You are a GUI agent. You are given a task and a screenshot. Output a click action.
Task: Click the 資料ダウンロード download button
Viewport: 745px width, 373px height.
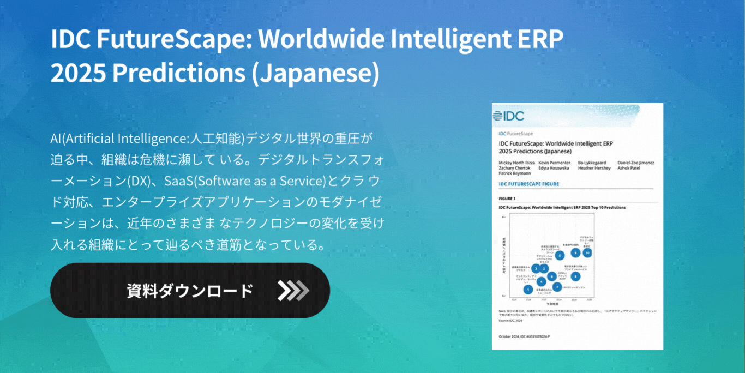click(190, 291)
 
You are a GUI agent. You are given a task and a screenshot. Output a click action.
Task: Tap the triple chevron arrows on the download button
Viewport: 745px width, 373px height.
click(293, 291)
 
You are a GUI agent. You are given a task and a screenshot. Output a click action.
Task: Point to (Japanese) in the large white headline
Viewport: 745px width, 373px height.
click(315, 74)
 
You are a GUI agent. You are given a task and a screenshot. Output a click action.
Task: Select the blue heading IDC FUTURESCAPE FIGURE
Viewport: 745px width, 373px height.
click(528, 184)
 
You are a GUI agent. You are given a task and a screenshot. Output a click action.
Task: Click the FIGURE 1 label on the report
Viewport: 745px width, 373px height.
click(507, 198)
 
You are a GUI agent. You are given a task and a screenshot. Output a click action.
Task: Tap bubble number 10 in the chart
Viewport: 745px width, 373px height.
click(587, 252)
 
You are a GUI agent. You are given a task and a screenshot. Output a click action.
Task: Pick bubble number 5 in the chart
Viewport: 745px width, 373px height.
click(560, 255)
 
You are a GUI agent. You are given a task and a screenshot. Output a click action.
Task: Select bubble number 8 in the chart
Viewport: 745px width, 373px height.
click(575, 276)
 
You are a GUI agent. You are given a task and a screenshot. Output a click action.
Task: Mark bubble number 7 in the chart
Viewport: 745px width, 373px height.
click(556, 287)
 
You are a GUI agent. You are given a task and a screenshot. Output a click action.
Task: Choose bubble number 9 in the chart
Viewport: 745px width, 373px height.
click(575, 252)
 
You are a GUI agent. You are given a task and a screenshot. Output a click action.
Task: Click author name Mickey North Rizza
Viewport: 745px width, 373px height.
click(516, 163)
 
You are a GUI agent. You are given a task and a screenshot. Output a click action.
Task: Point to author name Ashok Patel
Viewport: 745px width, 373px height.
click(629, 168)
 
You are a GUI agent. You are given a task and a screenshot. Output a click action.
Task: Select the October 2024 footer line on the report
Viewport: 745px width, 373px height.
click(524, 336)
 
